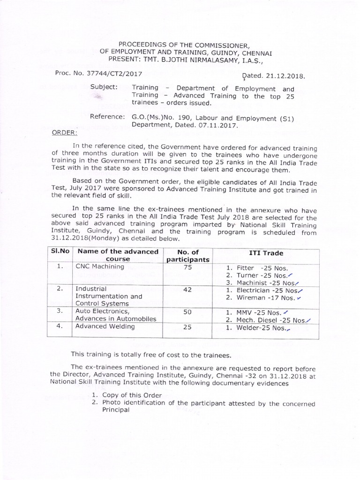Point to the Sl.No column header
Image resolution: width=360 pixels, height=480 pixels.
pyautogui.click(x=60, y=252)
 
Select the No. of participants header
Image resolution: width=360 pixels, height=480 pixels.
pyautogui.click(x=187, y=255)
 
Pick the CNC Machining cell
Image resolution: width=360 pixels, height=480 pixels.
pyautogui.click(x=99, y=266)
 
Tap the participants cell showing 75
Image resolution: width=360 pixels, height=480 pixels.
pyautogui.click(x=187, y=267)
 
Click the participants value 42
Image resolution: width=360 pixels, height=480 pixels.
pyautogui.click(x=187, y=290)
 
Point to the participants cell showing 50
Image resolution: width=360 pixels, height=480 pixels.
pyautogui.click(x=187, y=312)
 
